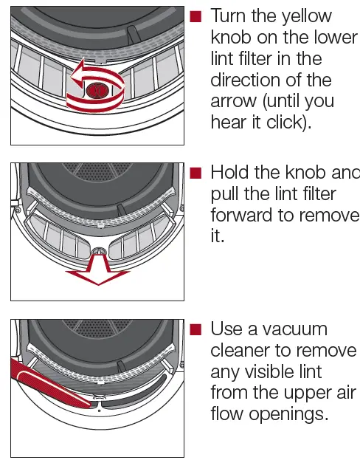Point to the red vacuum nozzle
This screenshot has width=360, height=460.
tap(44, 377)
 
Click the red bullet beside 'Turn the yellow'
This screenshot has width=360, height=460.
tap(195, 16)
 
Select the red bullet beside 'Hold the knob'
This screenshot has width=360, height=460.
tap(195, 173)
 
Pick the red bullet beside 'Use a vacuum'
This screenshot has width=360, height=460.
tap(195, 329)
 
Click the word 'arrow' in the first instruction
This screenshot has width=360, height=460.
tap(234, 101)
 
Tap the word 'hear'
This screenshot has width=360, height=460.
tap(228, 122)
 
